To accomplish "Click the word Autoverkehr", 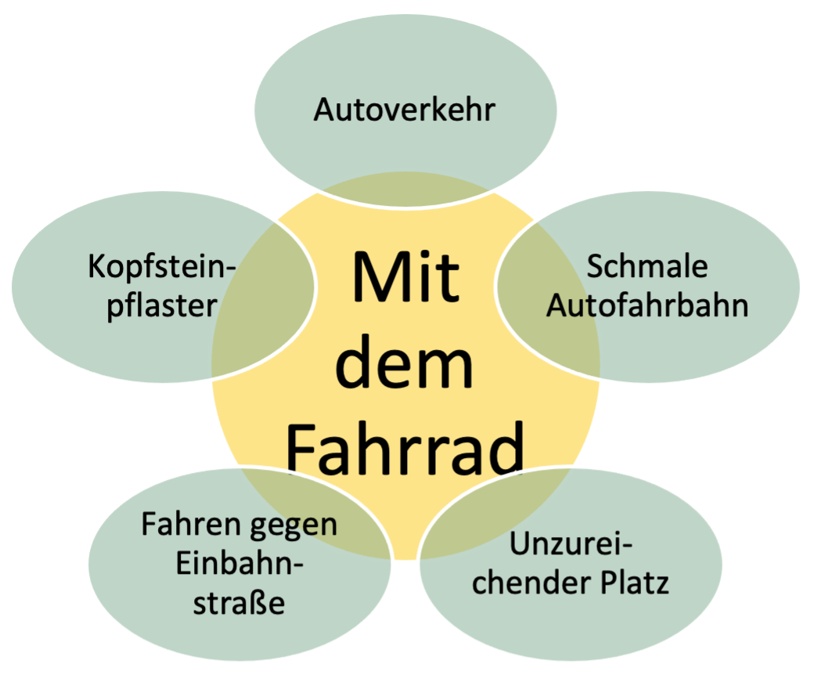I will click(x=404, y=110).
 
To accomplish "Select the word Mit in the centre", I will click(x=405, y=278).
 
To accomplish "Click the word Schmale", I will click(x=647, y=267).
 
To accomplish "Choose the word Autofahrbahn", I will click(x=647, y=305).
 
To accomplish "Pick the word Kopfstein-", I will click(x=162, y=267).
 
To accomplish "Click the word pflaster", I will click(x=161, y=305).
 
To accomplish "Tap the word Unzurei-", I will click(x=571, y=545).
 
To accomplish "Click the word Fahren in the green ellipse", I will click(x=188, y=524).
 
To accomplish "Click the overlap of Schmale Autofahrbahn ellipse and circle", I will click(x=548, y=313).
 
